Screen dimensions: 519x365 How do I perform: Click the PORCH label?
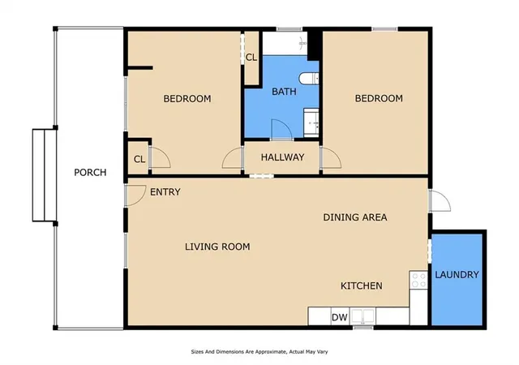(x=90, y=172)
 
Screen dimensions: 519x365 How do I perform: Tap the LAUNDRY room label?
(x=457, y=275)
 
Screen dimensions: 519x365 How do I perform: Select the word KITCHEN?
(x=362, y=286)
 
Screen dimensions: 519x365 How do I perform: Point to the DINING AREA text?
(x=355, y=217)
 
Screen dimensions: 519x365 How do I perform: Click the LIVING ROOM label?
(x=217, y=247)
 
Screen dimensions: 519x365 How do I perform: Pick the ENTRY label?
(x=165, y=192)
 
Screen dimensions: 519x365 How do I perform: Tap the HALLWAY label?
(x=282, y=157)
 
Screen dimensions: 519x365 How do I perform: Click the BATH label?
(x=284, y=92)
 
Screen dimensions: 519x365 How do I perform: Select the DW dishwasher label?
(x=340, y=318)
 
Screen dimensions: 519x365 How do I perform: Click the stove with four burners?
(x=418, y=280)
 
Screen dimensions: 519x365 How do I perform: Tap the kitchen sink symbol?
(x=362, y=316)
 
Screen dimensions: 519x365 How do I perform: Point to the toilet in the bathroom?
(x=309, y=79)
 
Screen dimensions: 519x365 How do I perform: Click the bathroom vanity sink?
(x=311, y=122)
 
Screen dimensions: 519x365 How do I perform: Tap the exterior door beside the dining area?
(x=440, y=201)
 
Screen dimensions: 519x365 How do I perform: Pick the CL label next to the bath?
(x=251, y=58)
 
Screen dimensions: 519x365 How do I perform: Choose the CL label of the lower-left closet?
(x=139, y=159)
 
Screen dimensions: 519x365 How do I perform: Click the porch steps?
(x=44, y=175)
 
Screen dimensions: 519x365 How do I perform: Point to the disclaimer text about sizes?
(x=259, y=352)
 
